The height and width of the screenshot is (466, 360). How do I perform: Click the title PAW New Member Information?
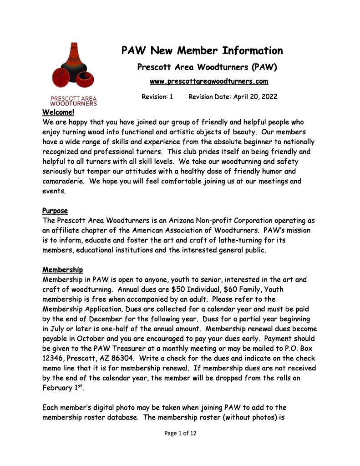(202, 51)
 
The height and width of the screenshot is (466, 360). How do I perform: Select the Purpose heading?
(55, 211)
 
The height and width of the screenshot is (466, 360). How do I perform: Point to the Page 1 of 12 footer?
(180, 433)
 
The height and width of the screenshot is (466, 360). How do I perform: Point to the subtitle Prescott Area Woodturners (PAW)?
(207, 67)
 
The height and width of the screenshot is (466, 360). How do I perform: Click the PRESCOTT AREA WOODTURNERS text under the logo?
(73, 101)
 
